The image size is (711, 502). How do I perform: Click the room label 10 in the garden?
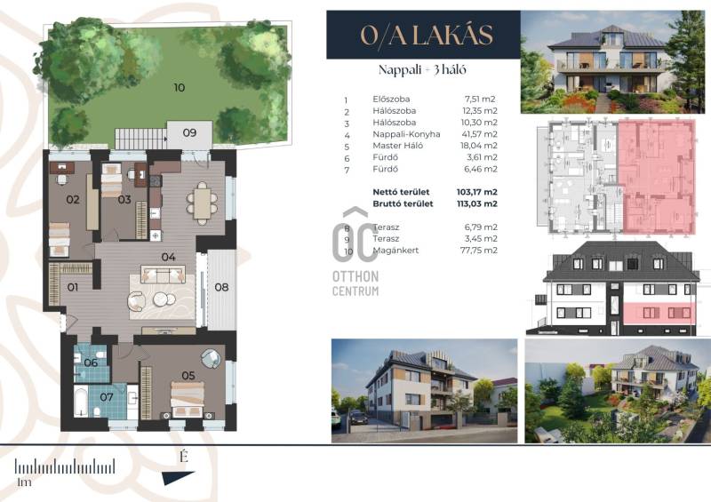coord(180,88)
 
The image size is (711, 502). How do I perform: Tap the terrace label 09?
coord(189,132)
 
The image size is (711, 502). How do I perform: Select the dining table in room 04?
coord(202,203)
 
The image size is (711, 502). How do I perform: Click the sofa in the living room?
coord(164,275)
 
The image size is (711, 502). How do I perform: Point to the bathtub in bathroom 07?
coord(81,402)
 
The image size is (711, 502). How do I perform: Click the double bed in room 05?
coord(188,399)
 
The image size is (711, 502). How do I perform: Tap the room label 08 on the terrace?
coord(221,287)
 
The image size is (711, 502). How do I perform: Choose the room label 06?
coord(91,363)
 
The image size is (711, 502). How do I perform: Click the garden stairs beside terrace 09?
coord(140,139)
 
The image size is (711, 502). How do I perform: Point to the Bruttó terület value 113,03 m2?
coord(477,203)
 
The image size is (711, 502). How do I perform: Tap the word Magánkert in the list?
coord(395,251)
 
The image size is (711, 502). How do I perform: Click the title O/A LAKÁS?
coord(427,35)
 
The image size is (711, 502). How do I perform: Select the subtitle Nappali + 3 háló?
coord(422,70)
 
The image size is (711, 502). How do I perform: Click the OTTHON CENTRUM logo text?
coord(355,283)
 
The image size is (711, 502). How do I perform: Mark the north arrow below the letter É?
coord(178,477)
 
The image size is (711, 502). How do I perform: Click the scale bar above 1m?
coord(65,466)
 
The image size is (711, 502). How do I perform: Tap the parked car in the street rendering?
coord(358,418)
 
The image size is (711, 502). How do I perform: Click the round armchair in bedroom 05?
coord(211,358)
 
